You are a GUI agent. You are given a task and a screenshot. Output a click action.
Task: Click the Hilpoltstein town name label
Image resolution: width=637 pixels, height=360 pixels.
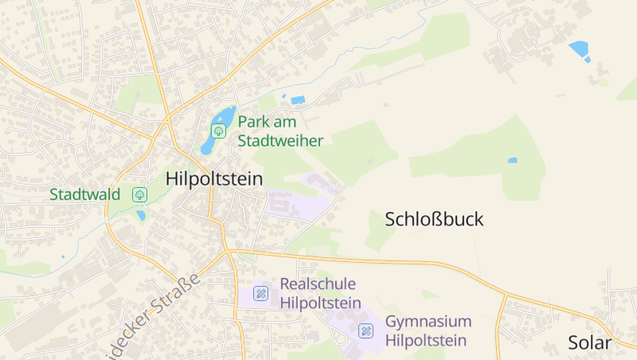tap(214, 179)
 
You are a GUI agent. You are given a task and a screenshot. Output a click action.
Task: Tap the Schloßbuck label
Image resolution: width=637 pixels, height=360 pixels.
tap(434, 220)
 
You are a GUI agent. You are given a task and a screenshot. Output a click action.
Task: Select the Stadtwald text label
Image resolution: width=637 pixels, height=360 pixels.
tap(84, 194)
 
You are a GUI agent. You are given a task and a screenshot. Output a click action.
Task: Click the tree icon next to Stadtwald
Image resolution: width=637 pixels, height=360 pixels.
tap(140, 194)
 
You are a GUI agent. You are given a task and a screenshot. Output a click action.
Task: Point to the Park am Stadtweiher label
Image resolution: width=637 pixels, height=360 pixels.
tap(280, 131)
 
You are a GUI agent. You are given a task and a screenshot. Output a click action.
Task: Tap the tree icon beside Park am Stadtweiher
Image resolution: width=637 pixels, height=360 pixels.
tap(218, 131)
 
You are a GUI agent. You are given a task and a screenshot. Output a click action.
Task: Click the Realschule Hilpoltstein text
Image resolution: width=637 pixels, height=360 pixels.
tap(318, 293)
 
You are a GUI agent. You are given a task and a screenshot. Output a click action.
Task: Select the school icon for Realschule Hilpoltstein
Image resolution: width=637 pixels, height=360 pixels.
tap(260, 294)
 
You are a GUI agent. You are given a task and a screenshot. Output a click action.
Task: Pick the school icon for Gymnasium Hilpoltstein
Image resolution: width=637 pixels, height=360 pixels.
tap(366, 331)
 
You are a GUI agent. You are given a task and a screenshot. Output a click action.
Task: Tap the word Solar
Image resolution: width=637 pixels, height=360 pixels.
tap(589, 343)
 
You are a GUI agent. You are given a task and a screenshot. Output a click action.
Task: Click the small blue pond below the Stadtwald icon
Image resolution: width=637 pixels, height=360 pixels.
tap(141, 215)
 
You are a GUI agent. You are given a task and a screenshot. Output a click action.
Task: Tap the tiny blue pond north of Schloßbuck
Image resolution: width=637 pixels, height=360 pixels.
tap(512, 160)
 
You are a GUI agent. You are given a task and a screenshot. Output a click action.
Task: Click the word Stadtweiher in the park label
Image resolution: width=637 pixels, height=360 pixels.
tap(280, 141)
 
